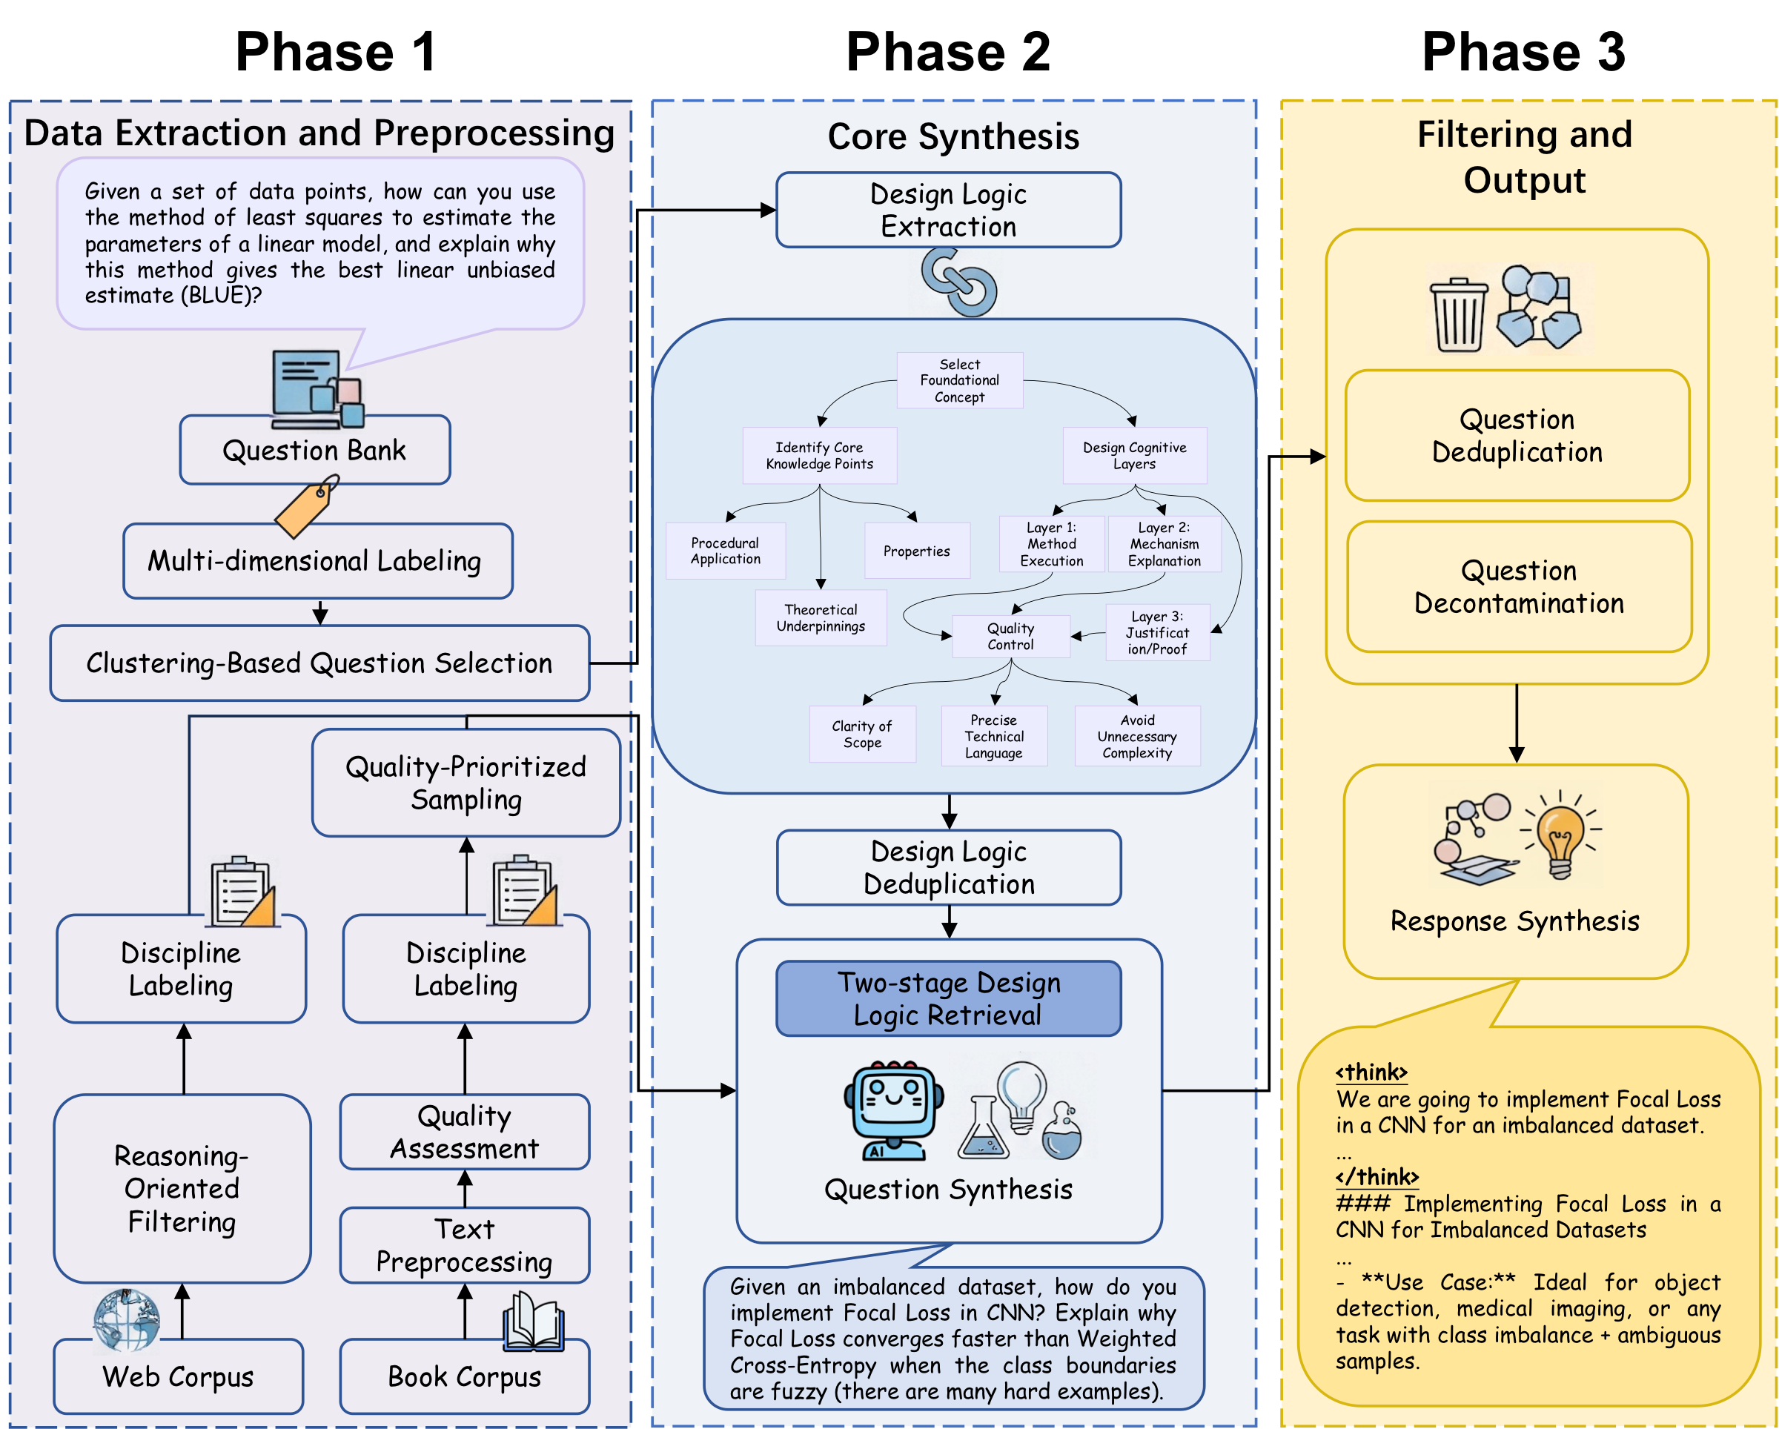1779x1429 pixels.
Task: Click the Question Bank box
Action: click(x=314, y=451)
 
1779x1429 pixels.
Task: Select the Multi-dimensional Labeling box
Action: click(x=318, y=561)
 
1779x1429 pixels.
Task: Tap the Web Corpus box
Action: click(x=178, y=1376)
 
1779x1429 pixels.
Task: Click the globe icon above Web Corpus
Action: click(x=126, y=1319)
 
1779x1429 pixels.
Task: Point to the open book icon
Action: click(x=534, y=1321)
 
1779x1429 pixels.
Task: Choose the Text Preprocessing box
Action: click(x=465, y=1245)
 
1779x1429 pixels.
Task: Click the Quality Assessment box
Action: click(x=465, y=1132)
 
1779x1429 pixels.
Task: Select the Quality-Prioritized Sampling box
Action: click(x=466, y=782)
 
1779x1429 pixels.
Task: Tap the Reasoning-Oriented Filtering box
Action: click(x=182, y=1188)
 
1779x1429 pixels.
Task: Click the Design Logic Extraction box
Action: click(x=948, y=210)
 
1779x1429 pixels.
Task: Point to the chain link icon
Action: click(x=960, y=283)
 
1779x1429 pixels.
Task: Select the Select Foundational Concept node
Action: click(x=960, y=380)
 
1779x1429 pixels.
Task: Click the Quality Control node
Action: click(x=1011, y=636)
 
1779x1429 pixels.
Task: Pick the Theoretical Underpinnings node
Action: click(x=821, y=618)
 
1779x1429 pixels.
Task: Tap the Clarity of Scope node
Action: click(x=862, y=735)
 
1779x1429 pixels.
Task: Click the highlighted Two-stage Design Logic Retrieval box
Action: click(x=948, y=998)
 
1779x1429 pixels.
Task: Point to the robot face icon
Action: click(x=894, y=1108)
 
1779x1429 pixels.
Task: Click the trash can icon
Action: click(x=1458, y=314)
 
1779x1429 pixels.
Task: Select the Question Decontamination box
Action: click(x=1519, y=586)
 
